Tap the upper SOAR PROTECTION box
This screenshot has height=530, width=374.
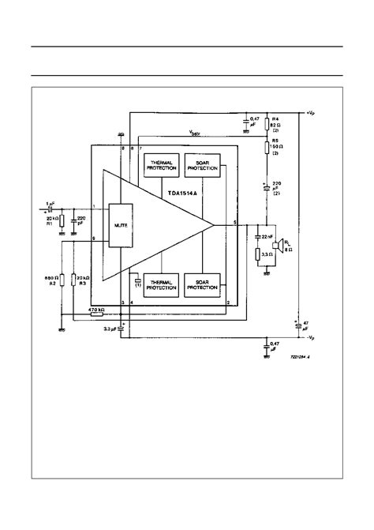[201, 166]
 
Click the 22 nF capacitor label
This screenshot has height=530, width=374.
[268, 236]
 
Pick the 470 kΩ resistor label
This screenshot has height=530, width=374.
[97, 310]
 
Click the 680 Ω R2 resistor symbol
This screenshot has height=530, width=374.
[62, 281]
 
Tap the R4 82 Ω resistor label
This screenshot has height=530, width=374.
[276, 123]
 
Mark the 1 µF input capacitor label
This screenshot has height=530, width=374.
[50, 203]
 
